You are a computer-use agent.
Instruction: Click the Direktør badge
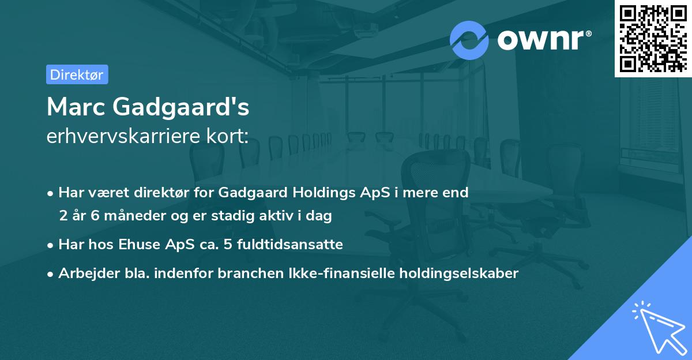tap(77, 74)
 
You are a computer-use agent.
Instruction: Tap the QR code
tap(653, 38)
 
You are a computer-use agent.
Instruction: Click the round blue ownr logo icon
tap(469, 40)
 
